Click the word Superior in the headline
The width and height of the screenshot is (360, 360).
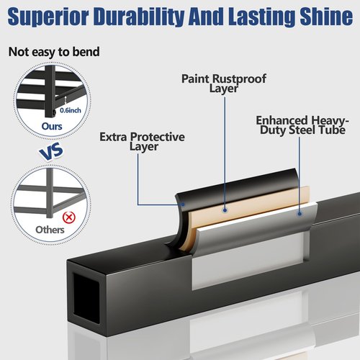pyautogui.click(x=48, y=17)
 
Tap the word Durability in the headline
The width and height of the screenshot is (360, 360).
pyautogui.click(x=139, y=17)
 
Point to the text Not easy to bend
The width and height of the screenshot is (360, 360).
pyautogui.click(x=54, y=52)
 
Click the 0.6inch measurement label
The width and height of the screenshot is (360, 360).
pyautogui.click(x=71, y=110)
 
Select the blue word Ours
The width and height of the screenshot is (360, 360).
pyautogui.click(x=52, y=126)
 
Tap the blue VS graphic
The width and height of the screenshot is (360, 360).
pyautogui.click(x=51, y=151)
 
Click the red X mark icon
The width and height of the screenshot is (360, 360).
pyautogui.click(x=69, y=217)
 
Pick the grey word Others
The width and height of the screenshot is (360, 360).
pyautogui.click(x=50, y=230)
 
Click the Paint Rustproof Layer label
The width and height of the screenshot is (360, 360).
pyautogui.click(x=224, y=84)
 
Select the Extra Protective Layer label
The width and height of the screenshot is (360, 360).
pyautogui.click(x=142, y=142)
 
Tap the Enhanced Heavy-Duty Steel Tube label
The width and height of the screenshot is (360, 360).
pyautogui.click(x=302, y=125)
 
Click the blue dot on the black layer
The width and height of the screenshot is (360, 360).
pyautogui.click(x=183, y=204)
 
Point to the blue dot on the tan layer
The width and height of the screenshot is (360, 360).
pyautogui.click(x=225, y=210)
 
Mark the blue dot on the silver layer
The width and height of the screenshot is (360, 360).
pyautogui.click(x=300, y=213)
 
